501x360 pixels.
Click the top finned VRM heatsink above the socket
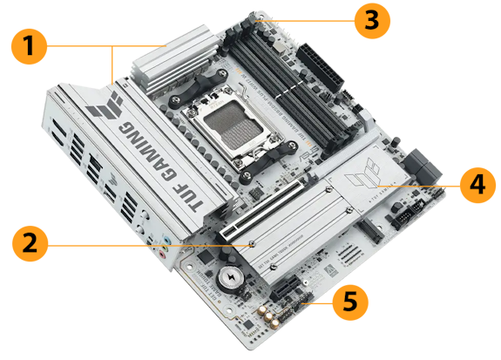coord(170,66)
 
